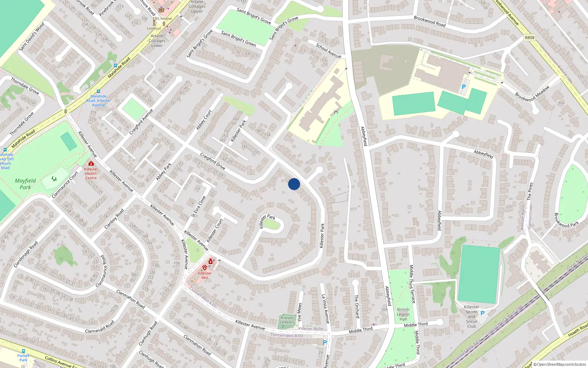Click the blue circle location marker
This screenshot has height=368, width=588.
click(x=294, y=184)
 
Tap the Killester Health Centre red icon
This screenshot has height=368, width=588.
click(x=91, y=163)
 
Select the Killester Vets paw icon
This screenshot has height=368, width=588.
click(x=204, y=268)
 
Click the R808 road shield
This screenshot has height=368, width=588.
click(x=530, y=38)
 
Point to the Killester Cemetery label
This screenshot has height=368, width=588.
click(x=287, y=320)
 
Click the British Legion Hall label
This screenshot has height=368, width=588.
click(x=403, y=314)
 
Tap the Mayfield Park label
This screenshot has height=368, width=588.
click(x=25, y=184)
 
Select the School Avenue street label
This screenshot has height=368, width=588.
click(x=329, y=51)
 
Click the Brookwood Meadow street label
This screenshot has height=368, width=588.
click(x=532, y=93)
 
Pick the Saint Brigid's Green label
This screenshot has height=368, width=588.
click(x=239, y=39)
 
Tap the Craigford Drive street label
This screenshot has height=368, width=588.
click(x=212, y=161)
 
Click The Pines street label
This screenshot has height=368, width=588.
click(x=530, y=191)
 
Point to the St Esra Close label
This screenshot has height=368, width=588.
click(x=198, y=206)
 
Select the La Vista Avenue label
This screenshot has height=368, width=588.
click(x=326, y=308)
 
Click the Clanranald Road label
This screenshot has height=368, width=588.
click(x=99, y=326)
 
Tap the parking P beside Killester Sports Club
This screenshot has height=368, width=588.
click(x=483, y=313)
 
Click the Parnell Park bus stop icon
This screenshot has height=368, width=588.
click(x=24, y=351)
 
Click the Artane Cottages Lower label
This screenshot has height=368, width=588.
click(x=157, y=40)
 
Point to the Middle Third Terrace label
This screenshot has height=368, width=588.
click(x=412, y=284)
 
